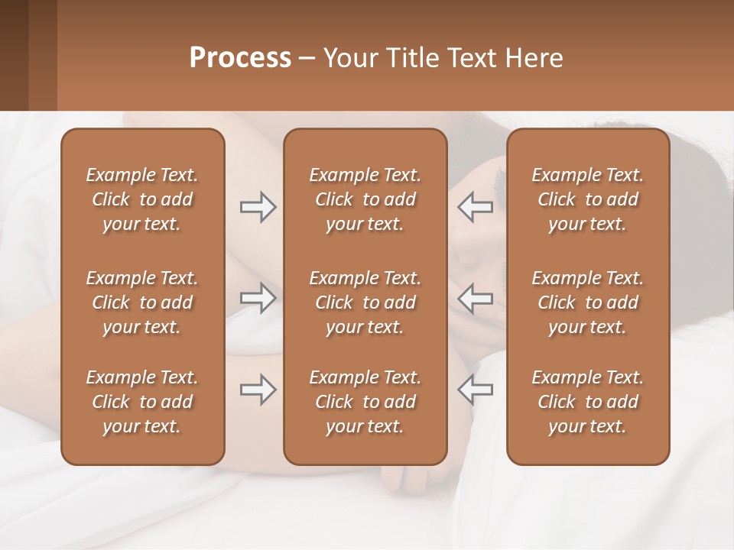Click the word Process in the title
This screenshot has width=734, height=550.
(x=240, y=58)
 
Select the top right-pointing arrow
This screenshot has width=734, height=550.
(x=258, y=207)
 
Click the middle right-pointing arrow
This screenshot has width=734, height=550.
(x=258, y=298)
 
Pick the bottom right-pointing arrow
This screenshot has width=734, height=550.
(x=258, y=390)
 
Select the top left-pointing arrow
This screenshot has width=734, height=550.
(x=476, y=207)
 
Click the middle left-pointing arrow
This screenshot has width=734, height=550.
(x=476, y=298)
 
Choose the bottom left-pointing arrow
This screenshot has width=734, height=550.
(x=476, y=390)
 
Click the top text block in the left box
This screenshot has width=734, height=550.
(x=142, y=199)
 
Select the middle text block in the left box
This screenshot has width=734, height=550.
(x=142, y=302)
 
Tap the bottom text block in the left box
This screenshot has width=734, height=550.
(x=142, y=402)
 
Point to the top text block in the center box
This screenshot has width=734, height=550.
(x=365, y=199)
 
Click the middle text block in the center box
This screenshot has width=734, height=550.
(x=365, y=302)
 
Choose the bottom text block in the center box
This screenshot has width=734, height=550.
(x=365, y=402)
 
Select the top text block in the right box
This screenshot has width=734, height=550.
(x=588, y=199)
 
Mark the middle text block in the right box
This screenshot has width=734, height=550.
(x=588, y=302)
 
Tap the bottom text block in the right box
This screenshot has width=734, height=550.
(x=588, y=402)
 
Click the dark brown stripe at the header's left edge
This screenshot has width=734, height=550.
(x=14, y=55)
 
